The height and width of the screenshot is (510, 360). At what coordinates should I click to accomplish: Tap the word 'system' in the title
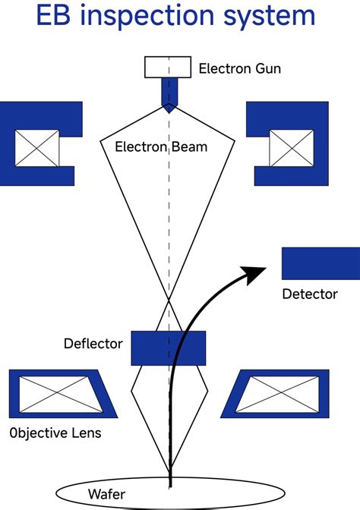point(269,17)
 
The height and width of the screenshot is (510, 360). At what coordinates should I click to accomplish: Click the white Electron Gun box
point(168,67)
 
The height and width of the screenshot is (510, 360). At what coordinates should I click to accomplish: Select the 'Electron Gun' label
point(239,68)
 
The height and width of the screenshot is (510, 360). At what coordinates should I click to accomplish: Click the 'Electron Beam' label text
point(161,146)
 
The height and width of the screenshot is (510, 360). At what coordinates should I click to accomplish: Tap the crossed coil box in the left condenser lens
point(37,148)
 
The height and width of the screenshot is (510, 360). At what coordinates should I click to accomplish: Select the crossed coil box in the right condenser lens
point(292,148)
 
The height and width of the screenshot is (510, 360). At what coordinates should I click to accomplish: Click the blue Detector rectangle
point(321,263)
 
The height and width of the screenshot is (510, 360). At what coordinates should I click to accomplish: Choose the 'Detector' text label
point(310,294)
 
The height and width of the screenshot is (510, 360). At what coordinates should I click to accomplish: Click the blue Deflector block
point(169,348)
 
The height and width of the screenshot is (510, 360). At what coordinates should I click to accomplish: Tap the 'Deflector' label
point(93,344)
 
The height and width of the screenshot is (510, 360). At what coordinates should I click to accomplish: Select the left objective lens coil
point(62,394)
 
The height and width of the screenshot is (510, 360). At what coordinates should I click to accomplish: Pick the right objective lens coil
point(276,394)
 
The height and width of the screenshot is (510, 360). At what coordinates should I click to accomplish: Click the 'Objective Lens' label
point(55,433)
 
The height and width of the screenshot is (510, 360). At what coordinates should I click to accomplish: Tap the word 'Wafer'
point(106,494)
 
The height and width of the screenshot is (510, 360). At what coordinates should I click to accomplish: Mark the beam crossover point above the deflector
point(169,300)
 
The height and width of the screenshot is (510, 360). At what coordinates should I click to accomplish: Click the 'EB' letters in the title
point(53,16)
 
